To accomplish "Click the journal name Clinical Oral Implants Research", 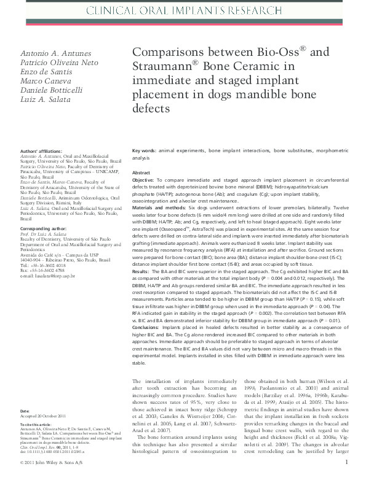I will [183, 11].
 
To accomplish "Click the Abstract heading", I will [141, 173].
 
